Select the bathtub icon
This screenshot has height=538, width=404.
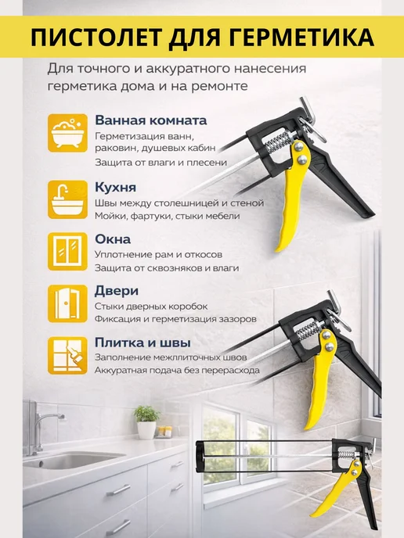click(x=67, y=133)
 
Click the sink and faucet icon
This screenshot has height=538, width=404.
click(x=67, y=199)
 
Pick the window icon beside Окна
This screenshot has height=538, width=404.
click(x=67, y=252)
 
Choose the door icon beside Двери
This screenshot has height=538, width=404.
click(x=67, y=303)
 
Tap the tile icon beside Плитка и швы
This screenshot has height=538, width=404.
click(x=67, y=356)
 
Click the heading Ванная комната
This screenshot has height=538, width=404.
click(x=151, y=120)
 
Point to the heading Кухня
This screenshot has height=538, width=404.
click(x=115, y=188)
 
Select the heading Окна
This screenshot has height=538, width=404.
click(x=113, y=239)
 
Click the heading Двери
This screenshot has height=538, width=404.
click(x=117, y=291)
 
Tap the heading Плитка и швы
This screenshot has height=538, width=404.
click(x=142, y=343)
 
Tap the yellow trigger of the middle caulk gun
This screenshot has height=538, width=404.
click(x=321, y=378)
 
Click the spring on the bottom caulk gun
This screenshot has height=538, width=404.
click(x=346, y=455)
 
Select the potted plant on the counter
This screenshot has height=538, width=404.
click(x=146, y=422)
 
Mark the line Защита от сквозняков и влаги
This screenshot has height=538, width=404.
click(x=167, y=267)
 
